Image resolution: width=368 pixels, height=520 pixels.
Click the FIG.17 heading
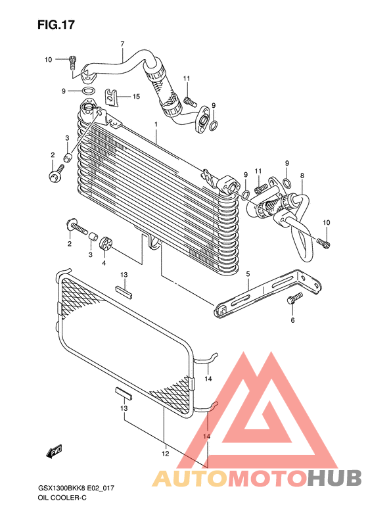pos(56,25)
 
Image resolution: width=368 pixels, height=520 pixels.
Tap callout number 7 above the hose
pos(122,44)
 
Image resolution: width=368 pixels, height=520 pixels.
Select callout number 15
pos(136,97)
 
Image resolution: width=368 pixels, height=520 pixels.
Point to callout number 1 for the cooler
pos(156,124)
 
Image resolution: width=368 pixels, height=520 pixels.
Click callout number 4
pos(104,263)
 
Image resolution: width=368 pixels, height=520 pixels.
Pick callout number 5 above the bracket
pos(248,273)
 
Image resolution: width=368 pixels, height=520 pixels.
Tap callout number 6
pos(292,320)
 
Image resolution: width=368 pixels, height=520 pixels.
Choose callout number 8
pos(302,176)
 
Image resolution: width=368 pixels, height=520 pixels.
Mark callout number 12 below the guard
pos(166,454)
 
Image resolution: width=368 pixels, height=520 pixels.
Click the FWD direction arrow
pos(54,452)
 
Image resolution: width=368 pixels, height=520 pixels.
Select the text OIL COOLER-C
pos(62,498)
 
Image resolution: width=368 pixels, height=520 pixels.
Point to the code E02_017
pos(101,488)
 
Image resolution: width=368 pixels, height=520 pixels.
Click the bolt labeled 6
pos(294,298)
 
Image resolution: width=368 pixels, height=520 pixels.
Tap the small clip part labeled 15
pos(112,97)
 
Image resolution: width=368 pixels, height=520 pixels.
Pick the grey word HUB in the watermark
pos(334,478)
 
